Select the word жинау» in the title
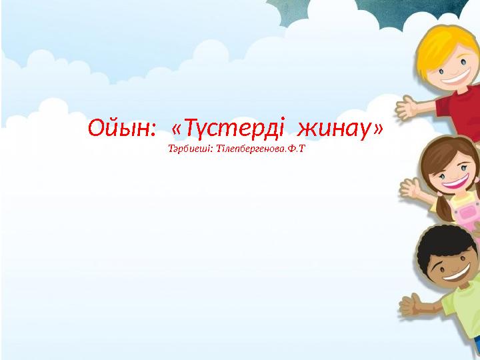(341, 127)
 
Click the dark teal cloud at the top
(373, 10)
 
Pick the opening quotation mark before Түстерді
(177, 127)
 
